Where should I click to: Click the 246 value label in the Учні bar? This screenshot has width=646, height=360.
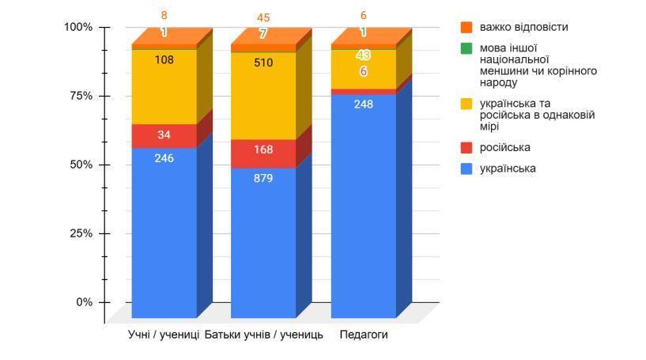[164, 158]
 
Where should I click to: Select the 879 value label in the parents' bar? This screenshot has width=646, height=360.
[263, 178]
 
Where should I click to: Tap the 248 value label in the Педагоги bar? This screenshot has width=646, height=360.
[363, 104]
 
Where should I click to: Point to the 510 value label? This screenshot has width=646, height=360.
[263, 63]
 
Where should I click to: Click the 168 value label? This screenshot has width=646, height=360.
[263, 150]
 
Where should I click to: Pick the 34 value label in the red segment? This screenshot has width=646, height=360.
[164, 135]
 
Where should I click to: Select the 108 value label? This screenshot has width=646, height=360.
[164, 59]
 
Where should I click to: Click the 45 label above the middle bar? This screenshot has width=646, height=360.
[263, 17]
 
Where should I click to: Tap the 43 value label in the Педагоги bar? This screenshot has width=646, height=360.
[363, 55]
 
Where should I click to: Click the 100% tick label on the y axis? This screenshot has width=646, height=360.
[78, 27]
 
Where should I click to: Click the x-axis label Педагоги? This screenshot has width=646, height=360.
[364, 335]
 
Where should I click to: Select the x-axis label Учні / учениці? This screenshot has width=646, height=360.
[164, 335]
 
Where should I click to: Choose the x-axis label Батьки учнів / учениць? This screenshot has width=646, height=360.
[263, 335]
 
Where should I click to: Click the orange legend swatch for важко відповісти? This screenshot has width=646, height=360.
[466, 27]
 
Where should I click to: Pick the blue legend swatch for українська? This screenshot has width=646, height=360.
[466, 169]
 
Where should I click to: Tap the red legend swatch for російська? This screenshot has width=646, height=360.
[466, 148]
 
